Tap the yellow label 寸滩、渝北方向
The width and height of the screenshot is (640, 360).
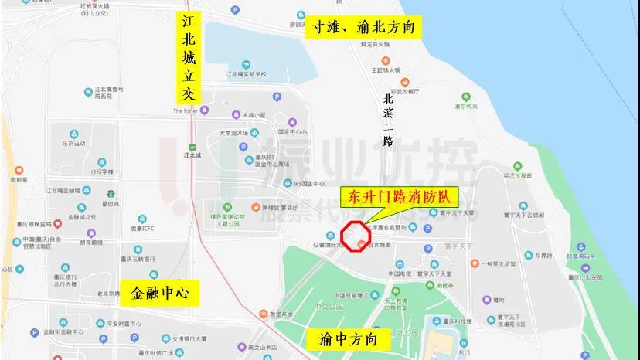point(364,28)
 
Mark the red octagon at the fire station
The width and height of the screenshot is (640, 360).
point(356,236)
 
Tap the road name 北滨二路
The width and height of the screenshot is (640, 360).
point(389,120)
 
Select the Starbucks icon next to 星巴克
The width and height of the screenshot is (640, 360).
point(110,194)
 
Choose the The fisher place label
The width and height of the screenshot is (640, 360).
point(185,110)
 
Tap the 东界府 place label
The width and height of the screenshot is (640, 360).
point(544,255)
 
